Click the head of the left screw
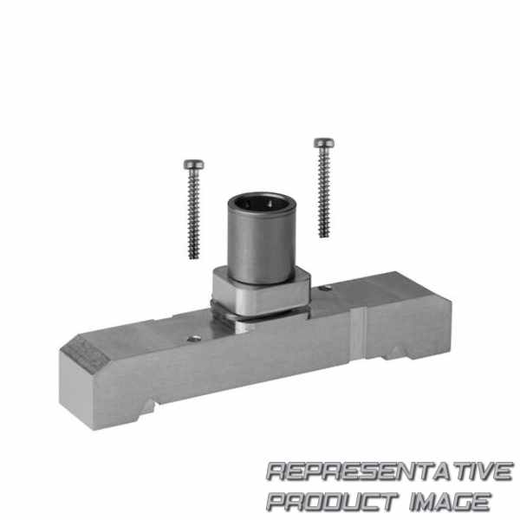tap(193, 164)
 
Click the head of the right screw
tap(324, 143)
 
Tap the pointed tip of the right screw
tap(324, 236)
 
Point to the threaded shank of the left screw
tap(193, 214)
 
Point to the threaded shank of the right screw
tap(323, 192)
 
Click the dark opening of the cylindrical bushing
tap(262, 203)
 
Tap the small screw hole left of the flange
tap(194, 339)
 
